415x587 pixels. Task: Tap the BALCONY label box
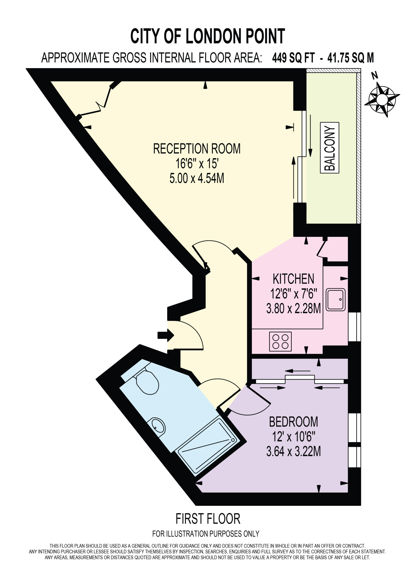click(330, 148)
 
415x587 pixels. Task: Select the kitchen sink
click(336, 300)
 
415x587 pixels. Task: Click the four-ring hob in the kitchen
click(280, 341)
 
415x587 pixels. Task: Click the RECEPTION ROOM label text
click(197, 149)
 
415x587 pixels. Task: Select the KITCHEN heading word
click(293, 279)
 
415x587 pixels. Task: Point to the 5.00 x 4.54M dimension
click(197, 178)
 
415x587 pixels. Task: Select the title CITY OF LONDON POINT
click(208, 36)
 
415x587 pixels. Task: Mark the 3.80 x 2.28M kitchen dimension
click(293, 308)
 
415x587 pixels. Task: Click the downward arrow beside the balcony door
click(310, 136)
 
